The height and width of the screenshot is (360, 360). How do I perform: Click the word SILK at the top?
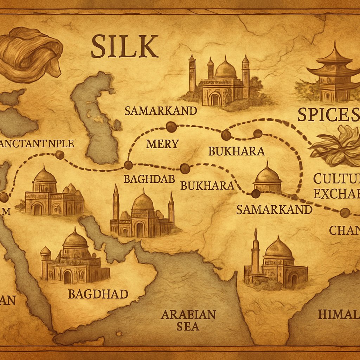[124, 46]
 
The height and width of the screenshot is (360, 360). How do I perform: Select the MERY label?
[162, 143]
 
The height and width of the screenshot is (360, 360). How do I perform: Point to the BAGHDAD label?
[98, 294]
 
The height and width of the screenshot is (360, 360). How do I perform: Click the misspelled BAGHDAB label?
[149, 179]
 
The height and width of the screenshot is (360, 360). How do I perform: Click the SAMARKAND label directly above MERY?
[161, 111]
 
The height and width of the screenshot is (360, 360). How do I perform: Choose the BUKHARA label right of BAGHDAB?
[207, 185]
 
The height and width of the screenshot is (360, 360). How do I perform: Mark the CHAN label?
[344, 230]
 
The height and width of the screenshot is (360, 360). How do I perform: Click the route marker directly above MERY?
[171, 127]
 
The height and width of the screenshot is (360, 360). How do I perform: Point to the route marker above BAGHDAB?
[128, 165]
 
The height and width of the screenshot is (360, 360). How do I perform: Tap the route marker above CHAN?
[345, 212]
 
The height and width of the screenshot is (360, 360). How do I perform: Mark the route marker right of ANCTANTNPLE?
[60, 155]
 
